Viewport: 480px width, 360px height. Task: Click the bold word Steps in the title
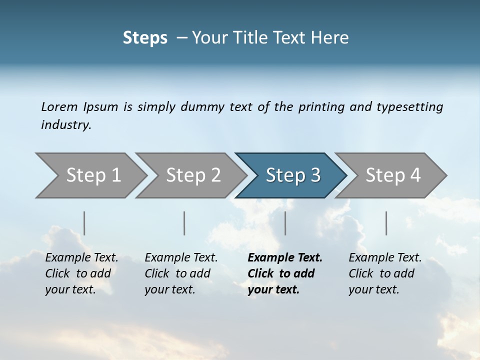[145, 38]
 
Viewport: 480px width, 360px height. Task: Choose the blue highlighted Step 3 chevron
[292, 175]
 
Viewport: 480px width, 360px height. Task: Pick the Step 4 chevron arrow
[392, 175]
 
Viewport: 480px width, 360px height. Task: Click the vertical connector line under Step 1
[84, 223]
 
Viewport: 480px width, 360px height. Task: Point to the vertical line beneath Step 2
[184, 223]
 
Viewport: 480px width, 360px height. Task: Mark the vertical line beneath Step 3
[285, 223]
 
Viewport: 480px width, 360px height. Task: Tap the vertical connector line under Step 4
[386, 223]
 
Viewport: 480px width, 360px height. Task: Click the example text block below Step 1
[81, 273]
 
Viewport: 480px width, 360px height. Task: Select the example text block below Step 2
[181, 273]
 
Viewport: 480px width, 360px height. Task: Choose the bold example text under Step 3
[284, 273]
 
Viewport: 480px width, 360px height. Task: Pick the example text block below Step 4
[385, 273]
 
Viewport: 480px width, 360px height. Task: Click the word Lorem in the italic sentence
[59, 107]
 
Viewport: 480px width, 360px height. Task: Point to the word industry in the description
[65, 125]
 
